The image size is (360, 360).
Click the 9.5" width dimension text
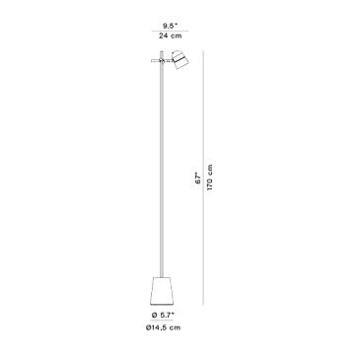click(170, 26)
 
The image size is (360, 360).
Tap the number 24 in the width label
click(164, 36)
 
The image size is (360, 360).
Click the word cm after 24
click(177, 36)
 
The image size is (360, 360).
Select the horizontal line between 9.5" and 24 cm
click(170, 31)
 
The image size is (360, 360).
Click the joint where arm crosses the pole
click(161, 60)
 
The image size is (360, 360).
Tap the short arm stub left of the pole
click(155, 60)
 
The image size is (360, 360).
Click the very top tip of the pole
click(161, 50)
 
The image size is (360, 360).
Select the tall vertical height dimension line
click(204, 178)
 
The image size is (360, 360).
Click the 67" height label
click(197, 178)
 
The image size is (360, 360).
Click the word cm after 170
click(210, 169)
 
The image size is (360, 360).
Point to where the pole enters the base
click(161, 277)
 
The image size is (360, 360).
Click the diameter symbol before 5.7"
click(154, 315)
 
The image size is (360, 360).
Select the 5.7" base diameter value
click(168, 315)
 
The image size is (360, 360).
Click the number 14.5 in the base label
click(160, 327)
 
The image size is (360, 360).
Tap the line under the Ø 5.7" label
click(162, 321)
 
